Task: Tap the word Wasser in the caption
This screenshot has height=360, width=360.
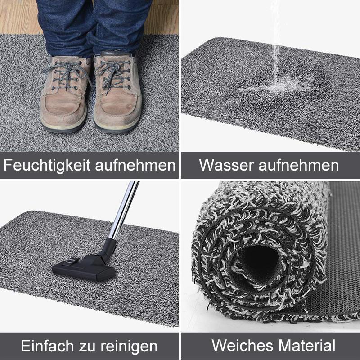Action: click(x=226, y=165)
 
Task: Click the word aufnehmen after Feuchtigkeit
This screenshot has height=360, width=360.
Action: click(x=135, y=165)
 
